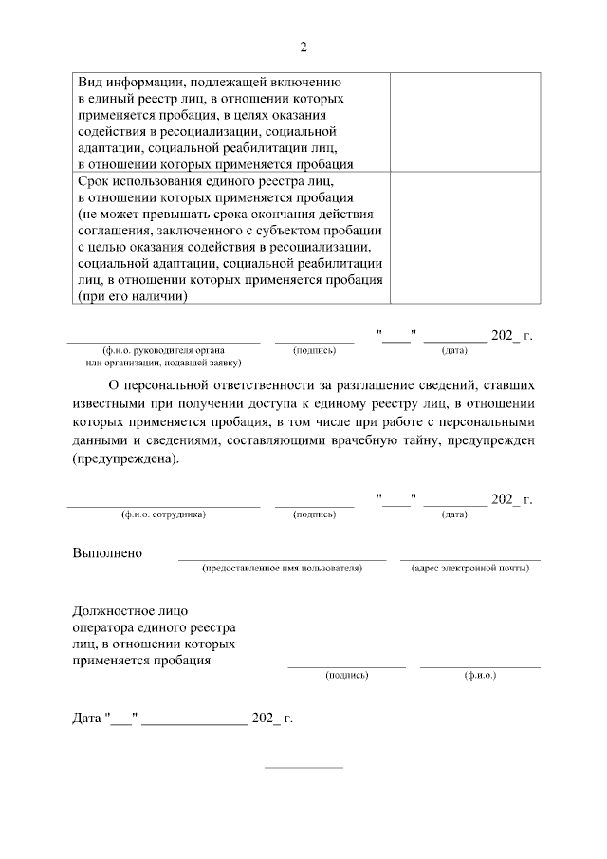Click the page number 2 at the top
point(303,47)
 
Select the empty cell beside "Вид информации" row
point(465,121)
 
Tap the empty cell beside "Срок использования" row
point(465,237)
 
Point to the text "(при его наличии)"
point(131,296)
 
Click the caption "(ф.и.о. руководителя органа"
point(163,350)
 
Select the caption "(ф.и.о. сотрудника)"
point(163,514)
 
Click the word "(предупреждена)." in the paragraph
point(124,458)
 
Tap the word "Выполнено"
point(107,552)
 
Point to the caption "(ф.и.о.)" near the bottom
point(480,675)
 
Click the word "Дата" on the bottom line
point(87,719)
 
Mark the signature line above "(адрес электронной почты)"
point(469,559)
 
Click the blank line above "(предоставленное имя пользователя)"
point(282,559)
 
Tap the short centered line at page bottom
point(303,767)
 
